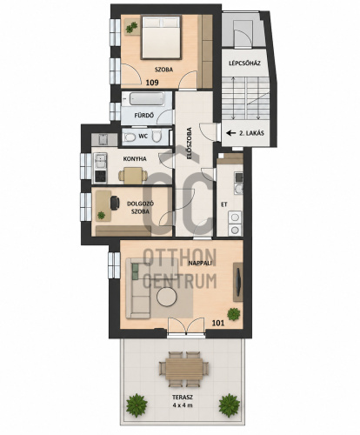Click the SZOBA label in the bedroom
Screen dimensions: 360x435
163,70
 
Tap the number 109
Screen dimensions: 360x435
152,83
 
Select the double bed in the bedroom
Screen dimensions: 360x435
162,37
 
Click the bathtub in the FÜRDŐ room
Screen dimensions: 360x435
146,99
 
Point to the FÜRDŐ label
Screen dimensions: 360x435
143,115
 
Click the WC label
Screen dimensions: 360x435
143,136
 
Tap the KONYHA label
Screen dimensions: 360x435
135,159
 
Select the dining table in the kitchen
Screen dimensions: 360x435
133,176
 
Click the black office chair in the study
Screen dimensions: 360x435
115,203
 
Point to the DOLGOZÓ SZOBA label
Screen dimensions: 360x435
140,208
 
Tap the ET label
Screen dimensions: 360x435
224,204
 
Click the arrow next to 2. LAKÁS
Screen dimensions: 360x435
231,133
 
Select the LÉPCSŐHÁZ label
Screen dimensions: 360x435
244,63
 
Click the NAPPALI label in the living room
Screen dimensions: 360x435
200,264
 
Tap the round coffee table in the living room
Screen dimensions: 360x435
167,297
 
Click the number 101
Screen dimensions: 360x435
218,323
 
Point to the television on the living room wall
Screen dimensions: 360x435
237,282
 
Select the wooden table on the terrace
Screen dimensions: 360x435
184,369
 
